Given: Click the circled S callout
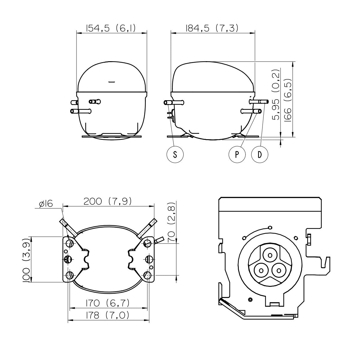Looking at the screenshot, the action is (175, 154).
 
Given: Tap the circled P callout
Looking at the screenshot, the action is (237, 154).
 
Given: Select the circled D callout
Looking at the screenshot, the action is (260, 154).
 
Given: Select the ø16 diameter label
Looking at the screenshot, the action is (46, 204).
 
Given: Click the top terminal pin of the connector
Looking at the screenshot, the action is (270, 255).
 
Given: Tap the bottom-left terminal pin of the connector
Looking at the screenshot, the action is (261, 270).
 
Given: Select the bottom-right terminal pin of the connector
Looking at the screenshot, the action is (279, 270).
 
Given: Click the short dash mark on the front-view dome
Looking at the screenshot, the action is (112, 82).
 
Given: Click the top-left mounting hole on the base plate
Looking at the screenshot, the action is (70, 243).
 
